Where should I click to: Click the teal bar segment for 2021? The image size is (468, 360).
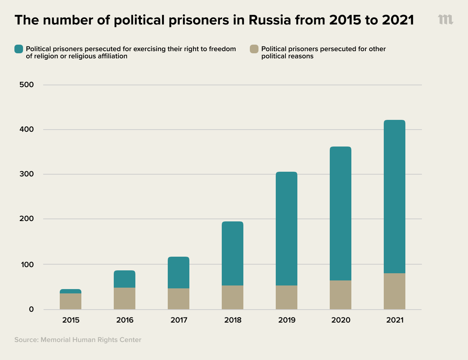pos(394,197)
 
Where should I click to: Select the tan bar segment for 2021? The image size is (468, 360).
pos(394,291)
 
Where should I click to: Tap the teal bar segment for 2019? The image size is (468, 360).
pos(286,229)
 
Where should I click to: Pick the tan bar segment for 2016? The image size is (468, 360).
pos(124,298)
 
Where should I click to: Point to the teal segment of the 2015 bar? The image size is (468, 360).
pos(70,291)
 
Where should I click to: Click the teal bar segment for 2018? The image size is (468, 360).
pos(232,253)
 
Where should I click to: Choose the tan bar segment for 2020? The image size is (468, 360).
pos(340,295)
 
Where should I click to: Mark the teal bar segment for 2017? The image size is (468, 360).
pos(178,273)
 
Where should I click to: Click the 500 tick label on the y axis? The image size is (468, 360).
pos(27,85)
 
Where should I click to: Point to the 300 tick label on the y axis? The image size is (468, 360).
pos(27,174)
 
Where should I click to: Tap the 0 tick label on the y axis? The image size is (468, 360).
pos(31,309)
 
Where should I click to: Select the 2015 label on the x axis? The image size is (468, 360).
pos(71,320)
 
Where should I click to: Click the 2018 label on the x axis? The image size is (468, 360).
pos(233,320)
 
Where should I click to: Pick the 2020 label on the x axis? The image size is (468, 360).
pos(341,320)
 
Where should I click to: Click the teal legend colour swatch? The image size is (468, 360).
pos(19,49)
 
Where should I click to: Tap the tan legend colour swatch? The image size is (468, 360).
pos(254,49)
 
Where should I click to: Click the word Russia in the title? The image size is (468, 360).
pos(270,20)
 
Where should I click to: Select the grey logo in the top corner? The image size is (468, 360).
pos(445,20)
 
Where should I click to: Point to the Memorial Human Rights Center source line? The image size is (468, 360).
pos(78,340)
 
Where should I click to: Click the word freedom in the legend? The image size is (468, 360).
pos(222,49)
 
